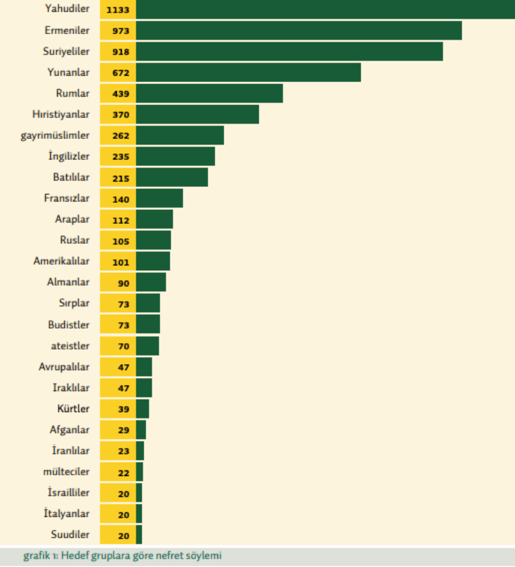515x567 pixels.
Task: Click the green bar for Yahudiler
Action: pos(325,10)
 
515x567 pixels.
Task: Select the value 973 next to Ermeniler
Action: pos(118,31)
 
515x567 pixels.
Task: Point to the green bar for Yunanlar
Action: pos(248,72)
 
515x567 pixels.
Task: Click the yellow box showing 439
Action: pos(118,93)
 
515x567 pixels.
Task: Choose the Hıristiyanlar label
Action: pos(61,114)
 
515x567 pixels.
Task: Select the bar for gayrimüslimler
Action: pos(180,135)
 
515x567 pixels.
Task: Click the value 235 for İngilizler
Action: pos(118,156)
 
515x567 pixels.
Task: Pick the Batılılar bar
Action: pos(172,177)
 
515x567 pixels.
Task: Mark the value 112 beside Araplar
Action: pos(118,219)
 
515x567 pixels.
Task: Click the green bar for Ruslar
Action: pos(154,240)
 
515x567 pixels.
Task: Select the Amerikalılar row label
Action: pos(61,261)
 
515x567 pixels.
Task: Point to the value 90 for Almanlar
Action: pos(118,282)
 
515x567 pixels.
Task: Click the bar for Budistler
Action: pos(148,324)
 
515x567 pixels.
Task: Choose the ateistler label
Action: pos(70,345)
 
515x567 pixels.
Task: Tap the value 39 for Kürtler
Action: pos(118,409)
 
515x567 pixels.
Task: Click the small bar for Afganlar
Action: pos(141,429)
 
